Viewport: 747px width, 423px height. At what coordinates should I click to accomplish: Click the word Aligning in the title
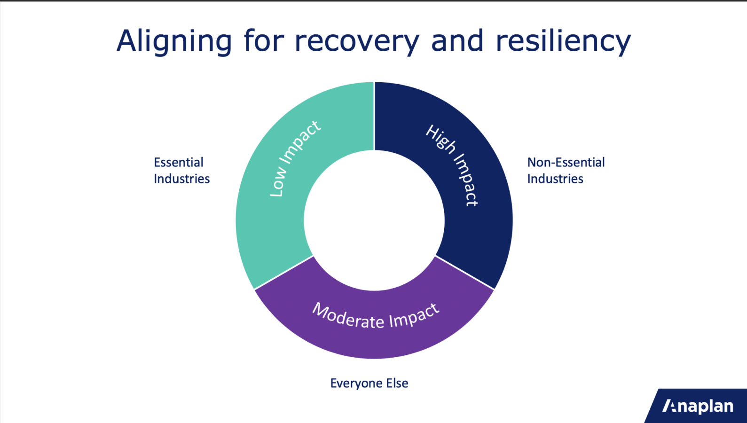coord(174,41)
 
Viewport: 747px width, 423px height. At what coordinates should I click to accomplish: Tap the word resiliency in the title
coord(563,41)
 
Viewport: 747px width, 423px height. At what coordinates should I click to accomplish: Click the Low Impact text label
coord(295,159)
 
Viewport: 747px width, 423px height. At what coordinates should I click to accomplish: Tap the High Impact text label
coord(452,164)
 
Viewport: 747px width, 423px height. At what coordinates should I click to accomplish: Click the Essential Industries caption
coord(181,171)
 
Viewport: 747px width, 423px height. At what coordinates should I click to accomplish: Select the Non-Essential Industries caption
coord(566,171)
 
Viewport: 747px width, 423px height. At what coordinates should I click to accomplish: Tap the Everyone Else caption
coord(369,384)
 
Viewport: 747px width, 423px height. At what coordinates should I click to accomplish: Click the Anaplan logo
coord(698,406)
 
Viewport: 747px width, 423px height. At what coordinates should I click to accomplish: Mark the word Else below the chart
coord(397,384)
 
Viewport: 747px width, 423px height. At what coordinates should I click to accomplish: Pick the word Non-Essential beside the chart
coord(566,163)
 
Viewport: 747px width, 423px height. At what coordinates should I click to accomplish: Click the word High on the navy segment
coord(440,139)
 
